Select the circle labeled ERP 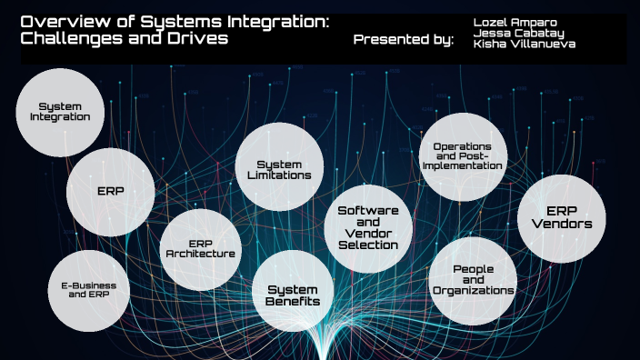[110, 192]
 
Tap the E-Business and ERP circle [88, 291]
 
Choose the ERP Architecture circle [200, 249]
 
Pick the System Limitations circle [279, 169]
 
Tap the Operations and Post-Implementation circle [463, 156]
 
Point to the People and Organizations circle [472, 280]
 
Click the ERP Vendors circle [561, 217]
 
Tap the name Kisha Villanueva [517, 44]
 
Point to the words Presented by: [402, 39]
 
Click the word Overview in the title [54, 22]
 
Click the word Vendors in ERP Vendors [561, 224]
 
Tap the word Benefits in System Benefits [293, 301]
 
